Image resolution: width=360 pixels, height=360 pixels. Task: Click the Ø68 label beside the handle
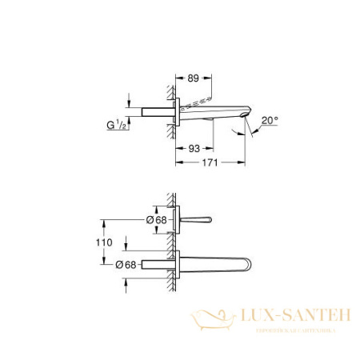click(156, 219)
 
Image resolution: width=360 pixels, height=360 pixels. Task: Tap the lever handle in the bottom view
click(199, 218)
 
